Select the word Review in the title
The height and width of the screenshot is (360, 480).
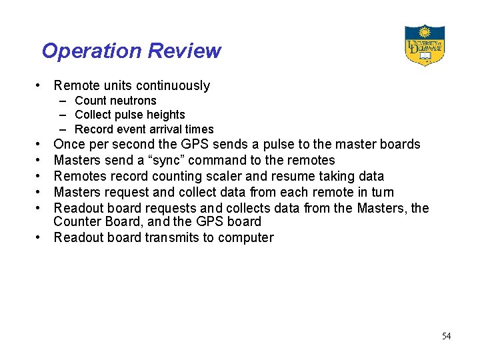(x=185, y=51)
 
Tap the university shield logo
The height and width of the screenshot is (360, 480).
(x=424, y=45)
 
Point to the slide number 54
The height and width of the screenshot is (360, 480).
(x=446, y=336)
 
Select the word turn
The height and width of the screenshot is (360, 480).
(x=381, y=192)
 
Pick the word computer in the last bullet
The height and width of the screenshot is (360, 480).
(x=248, y=237)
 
